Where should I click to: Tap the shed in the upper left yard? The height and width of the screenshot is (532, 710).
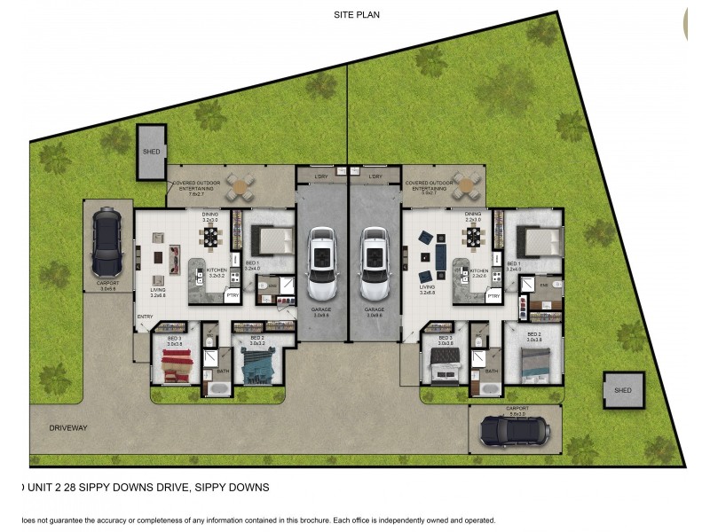click(x=151, y=152)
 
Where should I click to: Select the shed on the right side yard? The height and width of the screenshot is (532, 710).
click(x=623, y=389)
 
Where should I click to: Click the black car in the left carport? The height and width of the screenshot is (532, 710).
click(x=108, y=242)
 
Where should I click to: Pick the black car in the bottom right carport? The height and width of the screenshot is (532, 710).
click(x=514, y=432)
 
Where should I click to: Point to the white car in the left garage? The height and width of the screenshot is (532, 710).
click(x=320, y=264)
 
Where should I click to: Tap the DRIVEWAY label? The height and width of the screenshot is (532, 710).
click(x=68, y=428)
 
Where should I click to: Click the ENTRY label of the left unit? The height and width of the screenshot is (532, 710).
click(x=146, y=317)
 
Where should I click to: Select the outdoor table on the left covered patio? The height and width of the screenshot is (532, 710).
click(x=238, y=188)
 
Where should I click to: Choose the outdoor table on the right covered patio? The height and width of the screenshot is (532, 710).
click(x=464, y=188)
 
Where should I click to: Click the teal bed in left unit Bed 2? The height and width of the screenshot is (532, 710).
click(x=258, y=364)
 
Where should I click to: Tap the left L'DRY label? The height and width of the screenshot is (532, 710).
click(x=322, y=176)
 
